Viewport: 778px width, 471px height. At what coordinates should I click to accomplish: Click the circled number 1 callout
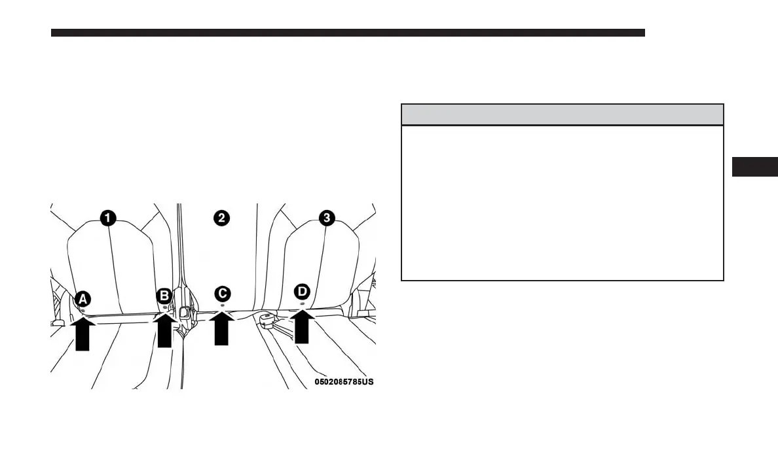point(109,217)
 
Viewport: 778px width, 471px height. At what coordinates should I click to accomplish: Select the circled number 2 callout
point(222,217)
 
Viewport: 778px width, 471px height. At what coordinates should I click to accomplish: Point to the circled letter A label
point(83,299)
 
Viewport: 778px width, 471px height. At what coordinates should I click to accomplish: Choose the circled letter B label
point(164,296)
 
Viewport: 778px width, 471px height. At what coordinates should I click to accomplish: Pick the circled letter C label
point(223,294)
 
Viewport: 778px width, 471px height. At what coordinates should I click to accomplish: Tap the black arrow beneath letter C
point(223,328)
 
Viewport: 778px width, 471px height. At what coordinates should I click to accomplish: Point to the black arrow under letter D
point(302,326)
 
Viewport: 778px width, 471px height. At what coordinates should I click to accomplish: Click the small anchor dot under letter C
point(223,305)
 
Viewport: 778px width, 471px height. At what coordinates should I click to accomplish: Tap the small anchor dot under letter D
point(302,304)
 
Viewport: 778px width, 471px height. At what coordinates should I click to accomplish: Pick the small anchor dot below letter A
point(83,310)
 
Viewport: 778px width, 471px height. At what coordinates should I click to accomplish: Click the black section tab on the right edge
point(754,167)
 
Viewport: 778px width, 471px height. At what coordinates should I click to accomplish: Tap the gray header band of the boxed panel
point(562,114)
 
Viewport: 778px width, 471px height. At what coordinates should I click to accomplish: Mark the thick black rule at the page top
point(348,33)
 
